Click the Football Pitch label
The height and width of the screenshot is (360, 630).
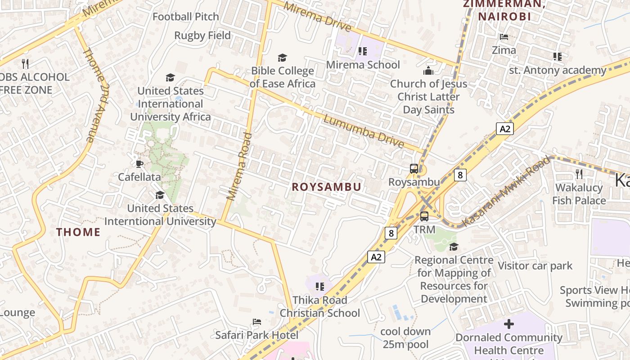point(185,17)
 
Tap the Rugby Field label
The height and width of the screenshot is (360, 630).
point(202,36)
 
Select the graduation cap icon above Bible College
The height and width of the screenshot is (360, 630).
point(282,58)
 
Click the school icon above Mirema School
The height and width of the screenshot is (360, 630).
point(363,51)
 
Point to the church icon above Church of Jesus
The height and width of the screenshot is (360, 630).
point(428,71)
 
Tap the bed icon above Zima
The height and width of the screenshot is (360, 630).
point(504,37)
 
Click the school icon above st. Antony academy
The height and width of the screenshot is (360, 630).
point(558,57)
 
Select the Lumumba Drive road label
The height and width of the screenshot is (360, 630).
point(364,131)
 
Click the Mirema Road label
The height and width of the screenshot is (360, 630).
point(239,166)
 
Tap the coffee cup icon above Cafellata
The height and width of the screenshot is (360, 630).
point(139,164)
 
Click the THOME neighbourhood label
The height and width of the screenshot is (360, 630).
point(78,232)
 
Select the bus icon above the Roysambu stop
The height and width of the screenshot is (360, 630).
point(414,169)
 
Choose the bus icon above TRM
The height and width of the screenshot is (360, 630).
point(424,216)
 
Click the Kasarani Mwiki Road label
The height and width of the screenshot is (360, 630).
point(506,191)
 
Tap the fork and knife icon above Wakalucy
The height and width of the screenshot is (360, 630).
point(579,174)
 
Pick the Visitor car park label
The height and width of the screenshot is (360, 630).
point(535,266)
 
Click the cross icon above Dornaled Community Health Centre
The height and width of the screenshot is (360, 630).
point(509,324)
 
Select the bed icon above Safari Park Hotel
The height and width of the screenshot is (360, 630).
point(256,322)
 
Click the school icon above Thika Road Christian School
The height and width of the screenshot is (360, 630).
point(320,287)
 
